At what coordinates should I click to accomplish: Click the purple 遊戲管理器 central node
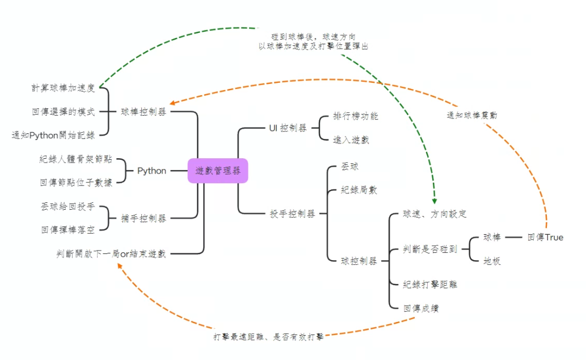(x=218, y=171)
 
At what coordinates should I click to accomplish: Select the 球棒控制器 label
(x=144, y=112)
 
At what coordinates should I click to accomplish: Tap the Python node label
(x=152, y=171)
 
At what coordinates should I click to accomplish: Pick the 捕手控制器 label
(x=144, y=218)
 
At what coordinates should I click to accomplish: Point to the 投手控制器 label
(x=292, y=214)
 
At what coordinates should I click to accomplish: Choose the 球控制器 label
(x=359, y=261)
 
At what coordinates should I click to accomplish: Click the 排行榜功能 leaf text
(x=356, y=116)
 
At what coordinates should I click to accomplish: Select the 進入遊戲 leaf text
(x=351, y=139)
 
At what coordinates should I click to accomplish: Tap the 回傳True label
(x=545, y=237)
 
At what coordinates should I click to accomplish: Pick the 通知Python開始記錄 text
(x=53, y=135)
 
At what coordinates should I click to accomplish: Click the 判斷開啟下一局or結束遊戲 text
(x=111, y=253)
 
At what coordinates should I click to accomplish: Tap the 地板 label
(x=492, y=261)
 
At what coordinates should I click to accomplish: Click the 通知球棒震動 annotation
(x=471, y=115)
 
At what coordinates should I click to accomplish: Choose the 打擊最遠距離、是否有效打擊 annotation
(x=269, y=336)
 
